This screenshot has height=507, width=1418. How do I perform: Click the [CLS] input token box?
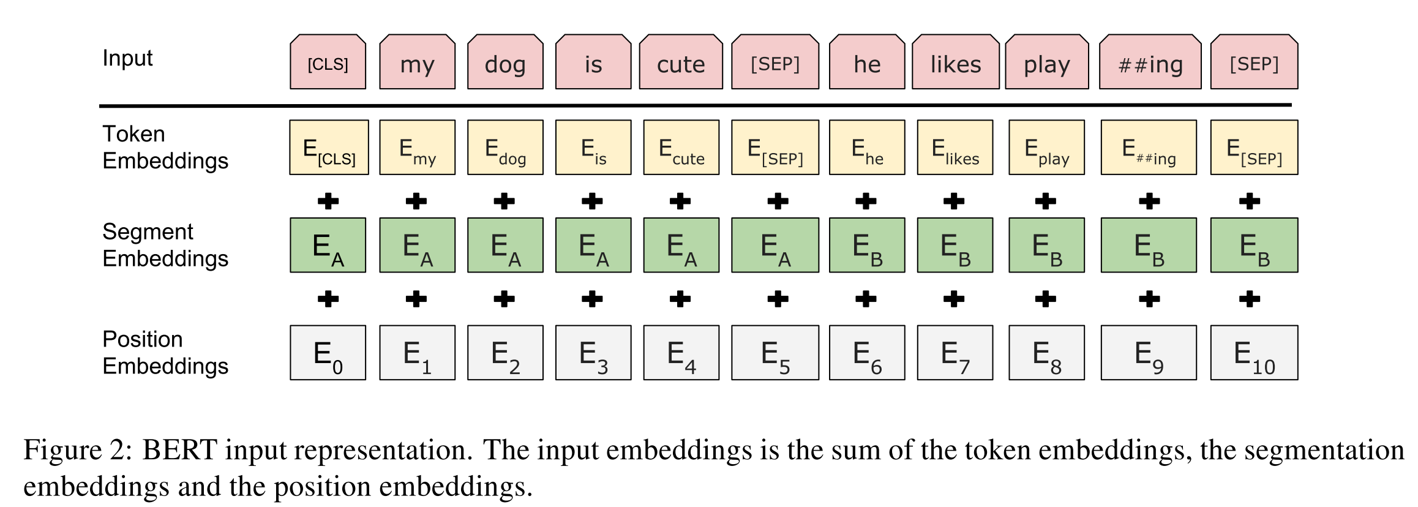pos(328,62)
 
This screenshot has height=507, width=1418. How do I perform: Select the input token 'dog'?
pos(505,62)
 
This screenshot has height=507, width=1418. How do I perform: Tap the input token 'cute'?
pos(681,62)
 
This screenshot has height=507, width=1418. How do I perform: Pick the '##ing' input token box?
pos(1150,62)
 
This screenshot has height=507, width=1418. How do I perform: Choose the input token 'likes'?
pos(956,62)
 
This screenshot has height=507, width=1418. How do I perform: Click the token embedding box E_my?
pos(418,148)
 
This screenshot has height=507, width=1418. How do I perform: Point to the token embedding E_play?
pos(1047,148)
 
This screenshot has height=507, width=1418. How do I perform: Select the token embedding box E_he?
pos(867,148)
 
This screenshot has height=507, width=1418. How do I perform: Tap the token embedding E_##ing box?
pos(1149,148)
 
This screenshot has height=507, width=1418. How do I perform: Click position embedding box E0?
pos(328,353)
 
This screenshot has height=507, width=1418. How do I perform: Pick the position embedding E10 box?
pos(1255,353)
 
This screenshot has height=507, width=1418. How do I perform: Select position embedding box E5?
pos(775,353)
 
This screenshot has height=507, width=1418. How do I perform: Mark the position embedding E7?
pos(955,353)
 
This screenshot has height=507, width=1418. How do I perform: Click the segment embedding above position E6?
pos(867,245)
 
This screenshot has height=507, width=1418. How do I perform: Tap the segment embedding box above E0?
pos(328,245)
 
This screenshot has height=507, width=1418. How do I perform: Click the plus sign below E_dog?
pos(505,201)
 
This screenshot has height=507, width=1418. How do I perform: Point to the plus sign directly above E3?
pos(593,299)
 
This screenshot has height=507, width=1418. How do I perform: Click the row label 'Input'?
pos(127,59)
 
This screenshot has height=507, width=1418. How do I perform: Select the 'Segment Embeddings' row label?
pos(165,245)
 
